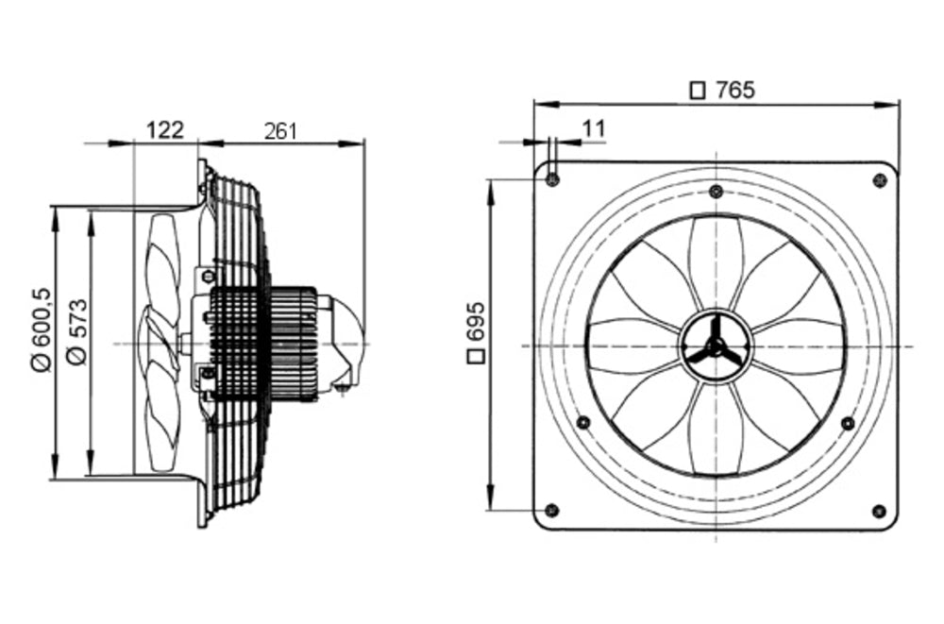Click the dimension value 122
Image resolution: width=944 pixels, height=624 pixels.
164,130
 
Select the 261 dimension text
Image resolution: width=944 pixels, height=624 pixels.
279,130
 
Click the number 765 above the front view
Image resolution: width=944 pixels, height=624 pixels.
734,90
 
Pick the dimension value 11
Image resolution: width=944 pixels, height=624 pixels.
593,127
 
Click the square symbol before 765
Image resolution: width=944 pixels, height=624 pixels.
699,91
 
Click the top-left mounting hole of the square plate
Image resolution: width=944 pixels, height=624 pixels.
553,179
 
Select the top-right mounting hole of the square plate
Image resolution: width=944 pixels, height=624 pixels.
879,179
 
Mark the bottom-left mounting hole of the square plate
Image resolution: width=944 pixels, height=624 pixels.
553,511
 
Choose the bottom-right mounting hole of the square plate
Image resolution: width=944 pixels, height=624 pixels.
879,511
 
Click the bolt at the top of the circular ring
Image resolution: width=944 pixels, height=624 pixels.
716,192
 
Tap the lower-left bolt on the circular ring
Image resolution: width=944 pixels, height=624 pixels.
583,422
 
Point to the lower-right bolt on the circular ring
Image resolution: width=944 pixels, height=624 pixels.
848,422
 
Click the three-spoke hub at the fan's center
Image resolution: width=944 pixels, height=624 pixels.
716,346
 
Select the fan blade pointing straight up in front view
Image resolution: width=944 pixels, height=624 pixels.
716,260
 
